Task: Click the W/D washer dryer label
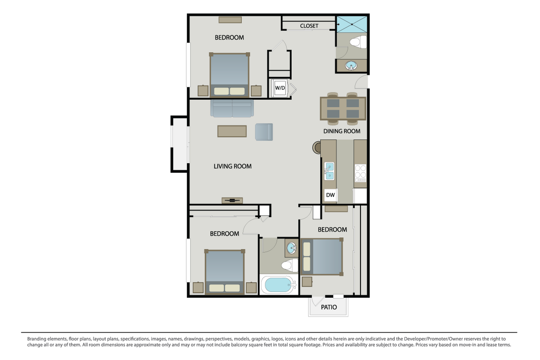pos(280,88)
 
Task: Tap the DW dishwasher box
pos(331,195)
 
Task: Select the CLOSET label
pos(309,26)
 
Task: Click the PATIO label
pos(329,307)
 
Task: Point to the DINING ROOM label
pos(342,131)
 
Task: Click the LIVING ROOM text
pos(233,166)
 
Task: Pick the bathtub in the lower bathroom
pos(279,285)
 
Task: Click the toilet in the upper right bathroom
pos(358,42)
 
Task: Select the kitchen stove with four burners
pos(360,173)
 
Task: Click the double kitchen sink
pos(329,171)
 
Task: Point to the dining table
pos(343,108)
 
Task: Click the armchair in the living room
pos(264,132)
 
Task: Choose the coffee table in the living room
pos(232,131)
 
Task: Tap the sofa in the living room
pos(232,108)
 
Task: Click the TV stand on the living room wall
pos(232,200)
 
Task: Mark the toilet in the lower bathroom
pos(290,265)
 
